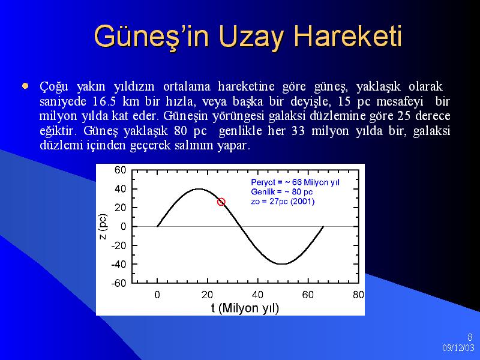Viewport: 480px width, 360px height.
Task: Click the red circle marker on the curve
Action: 221,202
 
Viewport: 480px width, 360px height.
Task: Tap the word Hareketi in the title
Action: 348,36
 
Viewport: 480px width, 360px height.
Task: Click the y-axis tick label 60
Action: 120,170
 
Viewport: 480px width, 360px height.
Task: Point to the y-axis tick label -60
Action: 118,283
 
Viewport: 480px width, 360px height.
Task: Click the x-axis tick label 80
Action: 358,295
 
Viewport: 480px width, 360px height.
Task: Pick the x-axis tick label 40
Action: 257,295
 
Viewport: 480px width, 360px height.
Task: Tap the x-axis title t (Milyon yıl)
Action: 245,308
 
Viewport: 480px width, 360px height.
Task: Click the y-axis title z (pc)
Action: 103,227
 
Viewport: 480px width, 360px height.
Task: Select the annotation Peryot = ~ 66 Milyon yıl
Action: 295,182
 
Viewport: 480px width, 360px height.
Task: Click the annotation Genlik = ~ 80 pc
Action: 281,192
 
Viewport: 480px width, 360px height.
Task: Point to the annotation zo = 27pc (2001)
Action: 283,202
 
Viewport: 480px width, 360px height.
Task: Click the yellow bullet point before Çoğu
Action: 25,86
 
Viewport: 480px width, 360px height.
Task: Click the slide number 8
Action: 470,337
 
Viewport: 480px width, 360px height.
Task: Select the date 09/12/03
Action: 458,348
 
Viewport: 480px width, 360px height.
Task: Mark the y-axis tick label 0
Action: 123,227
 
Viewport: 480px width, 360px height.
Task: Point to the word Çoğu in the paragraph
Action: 54,87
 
